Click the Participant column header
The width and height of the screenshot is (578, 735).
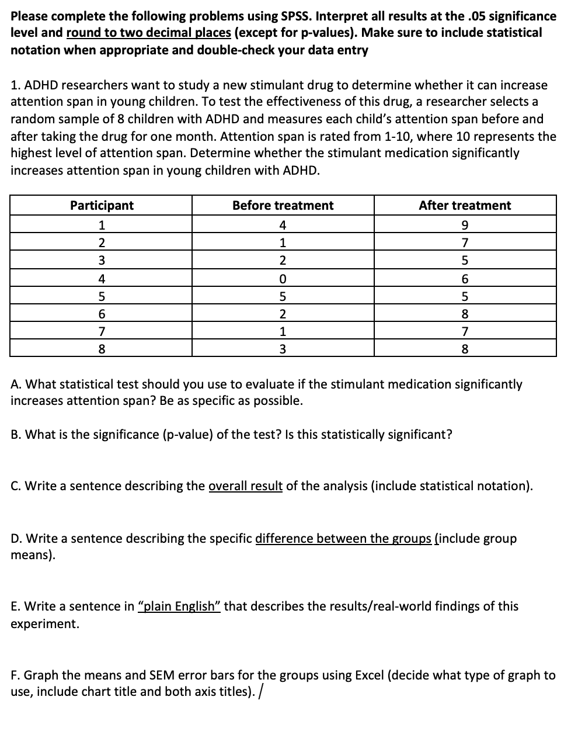[102, 206]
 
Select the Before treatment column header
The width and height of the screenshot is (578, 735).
[283, 206]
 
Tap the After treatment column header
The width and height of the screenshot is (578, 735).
[465, 206]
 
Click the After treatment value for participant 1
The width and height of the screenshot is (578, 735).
[465, 224]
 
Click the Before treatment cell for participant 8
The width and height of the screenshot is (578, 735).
[283, 350]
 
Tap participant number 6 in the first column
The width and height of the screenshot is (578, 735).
[102, 314]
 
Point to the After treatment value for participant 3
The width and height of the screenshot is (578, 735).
[465, 261]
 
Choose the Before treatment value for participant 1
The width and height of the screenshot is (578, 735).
[283, 224]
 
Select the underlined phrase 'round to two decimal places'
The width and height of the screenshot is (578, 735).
[149, 33]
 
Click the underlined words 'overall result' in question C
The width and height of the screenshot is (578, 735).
[245, 486]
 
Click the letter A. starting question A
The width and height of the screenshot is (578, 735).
[16, 384]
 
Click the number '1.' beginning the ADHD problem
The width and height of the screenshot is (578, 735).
[15, 85]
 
